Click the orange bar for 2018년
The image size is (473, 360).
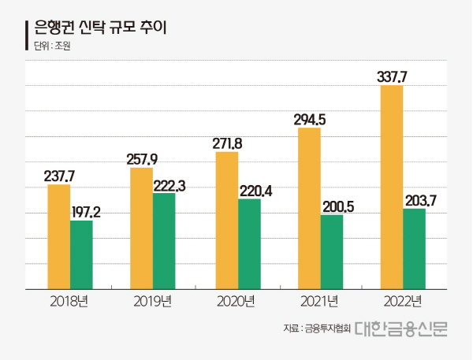tap(58, 236)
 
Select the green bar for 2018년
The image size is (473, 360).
tap(81, 254)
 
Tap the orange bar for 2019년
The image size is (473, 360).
tap(141, 228)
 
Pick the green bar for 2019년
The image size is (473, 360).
tap(164, 241)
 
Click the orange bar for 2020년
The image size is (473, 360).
tap(226, 221)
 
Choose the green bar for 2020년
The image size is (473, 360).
tap(249, 244)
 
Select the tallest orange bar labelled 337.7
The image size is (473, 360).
tap(392, 187)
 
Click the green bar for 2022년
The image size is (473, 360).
tap(414, 249)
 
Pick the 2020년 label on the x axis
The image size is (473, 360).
tap(235, 302)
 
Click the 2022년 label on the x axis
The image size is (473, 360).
tap(402, 302)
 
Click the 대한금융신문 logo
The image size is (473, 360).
tap(400, 327)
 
